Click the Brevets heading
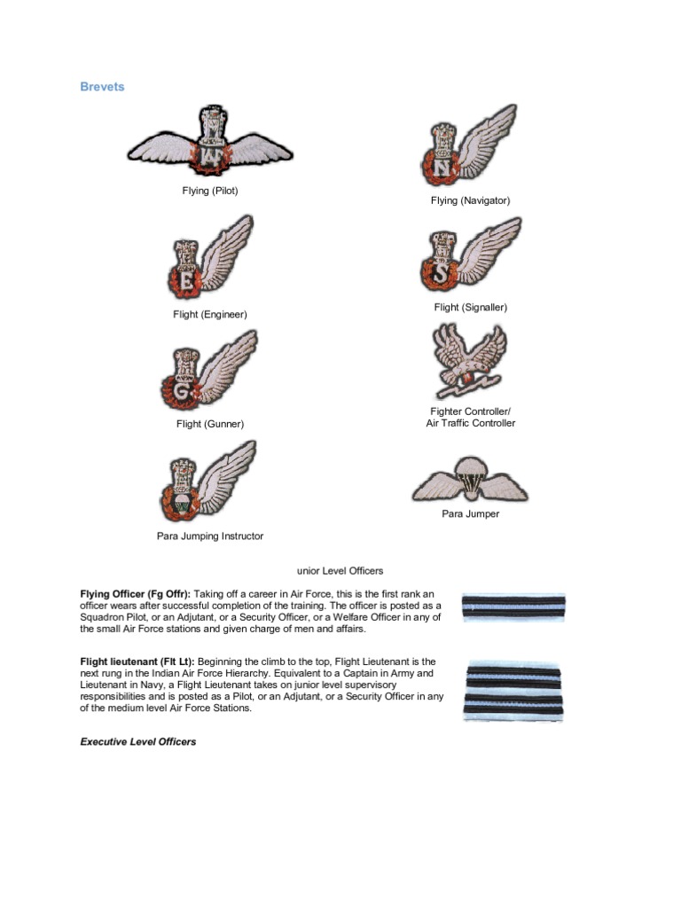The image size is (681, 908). (102, 87)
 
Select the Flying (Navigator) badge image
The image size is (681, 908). (468, 146)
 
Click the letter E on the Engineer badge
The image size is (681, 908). (186, 280)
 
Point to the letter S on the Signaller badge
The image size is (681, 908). (442, 271)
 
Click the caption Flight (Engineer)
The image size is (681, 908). (210, 315)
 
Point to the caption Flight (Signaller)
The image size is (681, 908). (470, 308)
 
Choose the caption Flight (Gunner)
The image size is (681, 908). (210, 424)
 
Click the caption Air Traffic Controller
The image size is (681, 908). (470, 424)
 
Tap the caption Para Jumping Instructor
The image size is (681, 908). (210, 536)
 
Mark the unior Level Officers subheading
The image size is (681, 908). (340, 571)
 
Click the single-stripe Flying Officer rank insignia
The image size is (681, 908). (513, 607)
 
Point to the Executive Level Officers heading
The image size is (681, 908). (137, 741)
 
